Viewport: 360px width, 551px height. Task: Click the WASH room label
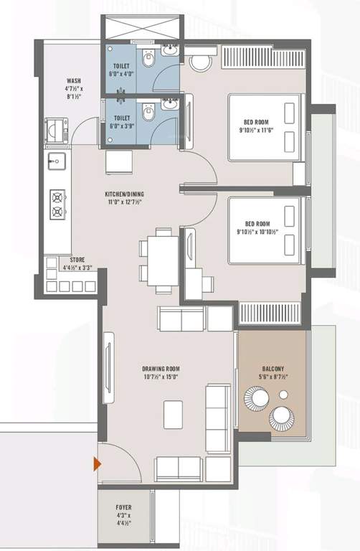point(73,81)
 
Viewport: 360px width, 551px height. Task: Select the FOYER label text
point(123,506)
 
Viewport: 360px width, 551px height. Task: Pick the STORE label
point(77,260)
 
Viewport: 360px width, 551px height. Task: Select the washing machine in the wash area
point(56,130)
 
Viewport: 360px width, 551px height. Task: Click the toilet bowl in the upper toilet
point(146,56)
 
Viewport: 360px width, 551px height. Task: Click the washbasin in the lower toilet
point(169,105)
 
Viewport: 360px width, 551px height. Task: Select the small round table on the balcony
point(283,395)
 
